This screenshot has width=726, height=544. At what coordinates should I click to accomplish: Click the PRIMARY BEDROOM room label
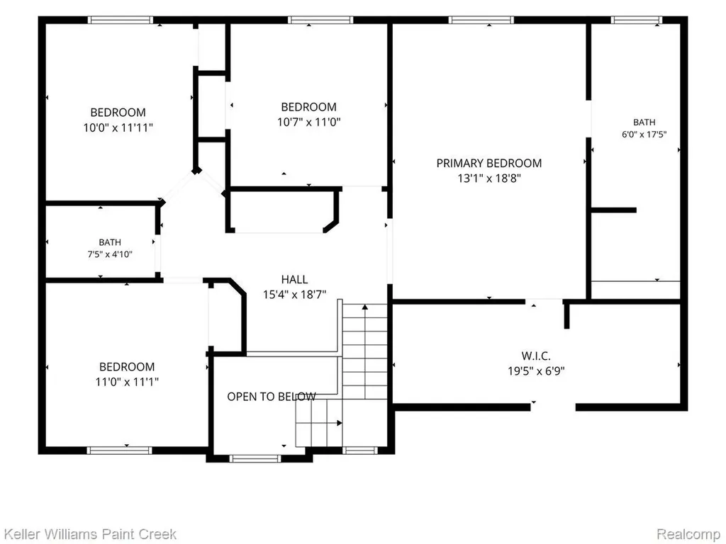[x=489, y=164]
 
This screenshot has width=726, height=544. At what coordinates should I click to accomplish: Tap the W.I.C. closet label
[x=536, y=356]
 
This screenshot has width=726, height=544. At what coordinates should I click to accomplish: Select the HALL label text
[x=294, y=279]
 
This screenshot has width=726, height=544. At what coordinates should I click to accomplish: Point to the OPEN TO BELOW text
[x=272, y=397]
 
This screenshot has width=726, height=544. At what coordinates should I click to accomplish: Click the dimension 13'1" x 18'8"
[x=489, y=178]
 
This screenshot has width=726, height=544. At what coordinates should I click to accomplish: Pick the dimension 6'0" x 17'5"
[x=644, y=135]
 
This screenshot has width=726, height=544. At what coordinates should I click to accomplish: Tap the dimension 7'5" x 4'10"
[x=110, y=254]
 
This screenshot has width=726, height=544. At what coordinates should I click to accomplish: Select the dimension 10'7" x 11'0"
[x=309, y=122]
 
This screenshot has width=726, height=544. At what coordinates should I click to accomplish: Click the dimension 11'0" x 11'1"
[x=127, y=382]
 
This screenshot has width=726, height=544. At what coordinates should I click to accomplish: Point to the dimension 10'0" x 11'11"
[x=118, y=127]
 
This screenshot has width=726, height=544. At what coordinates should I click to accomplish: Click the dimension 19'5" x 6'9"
[x=536, y=371]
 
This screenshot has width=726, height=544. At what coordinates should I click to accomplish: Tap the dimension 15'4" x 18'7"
[x=294, y=295]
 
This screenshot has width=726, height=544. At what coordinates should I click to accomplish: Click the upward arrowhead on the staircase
[x=365, y=307]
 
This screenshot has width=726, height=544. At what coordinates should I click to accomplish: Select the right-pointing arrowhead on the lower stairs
[x=340, y=423]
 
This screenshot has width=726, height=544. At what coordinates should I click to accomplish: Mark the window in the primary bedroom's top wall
[x=481, y=20]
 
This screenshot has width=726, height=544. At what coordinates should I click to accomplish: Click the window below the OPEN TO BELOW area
[x=255, y=458]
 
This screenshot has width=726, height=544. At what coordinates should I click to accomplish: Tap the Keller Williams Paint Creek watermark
[x=89, y=534]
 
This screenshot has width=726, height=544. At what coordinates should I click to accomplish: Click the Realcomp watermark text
[x=688, y=534]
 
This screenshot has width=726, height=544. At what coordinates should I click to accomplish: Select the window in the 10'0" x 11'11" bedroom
[x=121, y=20]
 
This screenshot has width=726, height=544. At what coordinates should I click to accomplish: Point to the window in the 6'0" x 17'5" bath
[x=637, y=20]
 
